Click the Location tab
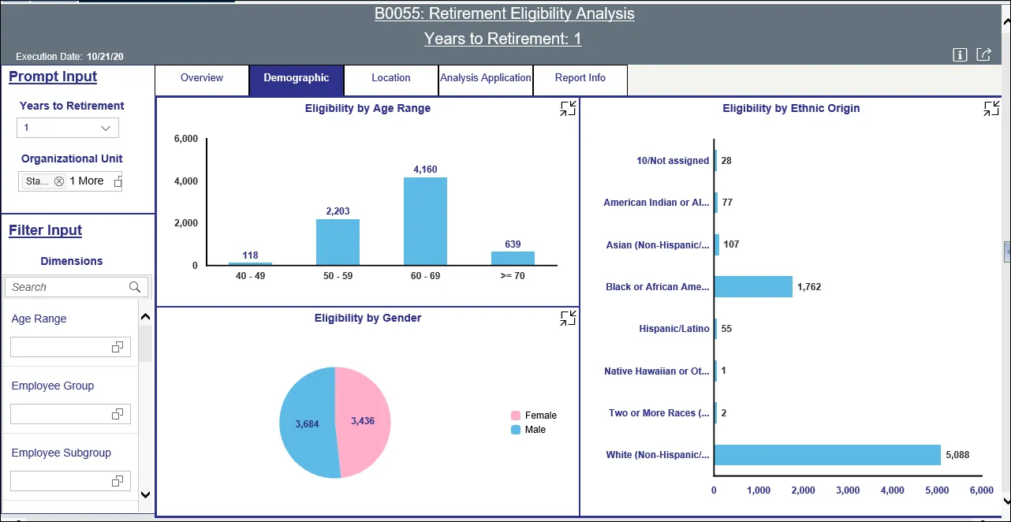(391, 78)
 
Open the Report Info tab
(580, 78)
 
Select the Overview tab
(202, 78)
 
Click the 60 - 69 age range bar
(425, 222)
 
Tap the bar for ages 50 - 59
(338, 242)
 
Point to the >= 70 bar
(513, 259)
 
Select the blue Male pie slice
(307, 424)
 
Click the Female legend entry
(540, 416)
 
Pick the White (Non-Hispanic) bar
(827, 455)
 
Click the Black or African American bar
(753, 287)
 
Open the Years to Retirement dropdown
(68, 128)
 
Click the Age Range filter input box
(70, 347)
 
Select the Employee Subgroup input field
(70, 481)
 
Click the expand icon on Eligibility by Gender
(568, 319)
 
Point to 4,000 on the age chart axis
(185, 181)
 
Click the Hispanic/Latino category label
(673, 329)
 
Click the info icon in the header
(960, 54)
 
